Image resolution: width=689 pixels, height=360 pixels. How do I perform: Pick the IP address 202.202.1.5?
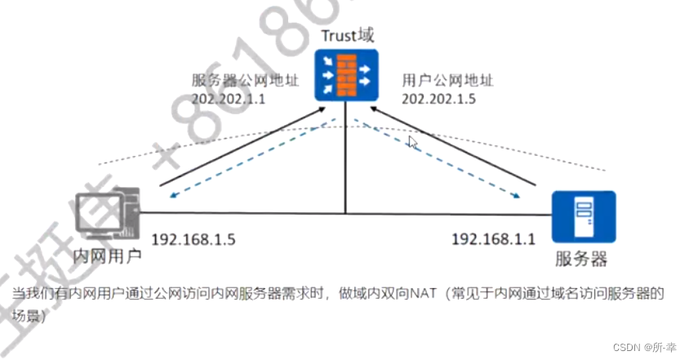pyautogui.click(x=438, y=98)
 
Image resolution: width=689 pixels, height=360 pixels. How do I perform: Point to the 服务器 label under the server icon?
pyautogui.click(x=581, y=260)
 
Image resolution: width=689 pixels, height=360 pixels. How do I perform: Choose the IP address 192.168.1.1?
pyautogui.click(x=493, y=238)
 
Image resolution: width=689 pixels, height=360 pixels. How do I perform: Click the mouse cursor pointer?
pyautogui.click(x=412, y=143)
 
